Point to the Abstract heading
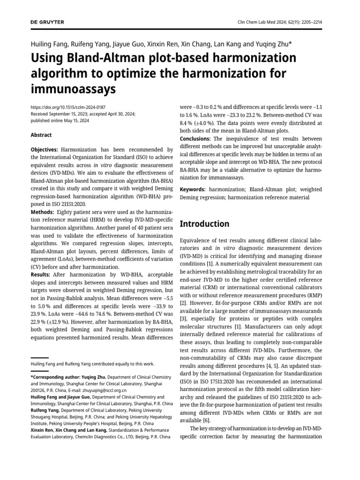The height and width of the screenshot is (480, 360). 41,135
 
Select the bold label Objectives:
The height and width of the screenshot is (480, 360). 45,149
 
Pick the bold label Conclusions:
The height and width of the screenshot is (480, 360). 196,139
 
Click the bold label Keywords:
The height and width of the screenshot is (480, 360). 193,189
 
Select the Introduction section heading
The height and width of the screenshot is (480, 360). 204,224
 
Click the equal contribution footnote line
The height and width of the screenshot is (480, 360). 92,363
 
